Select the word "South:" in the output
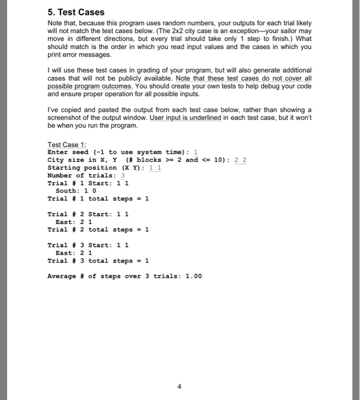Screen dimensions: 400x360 [67, 191]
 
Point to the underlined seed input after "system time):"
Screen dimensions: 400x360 [196, 152]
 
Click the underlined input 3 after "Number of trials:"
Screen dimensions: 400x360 [122, 175]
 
